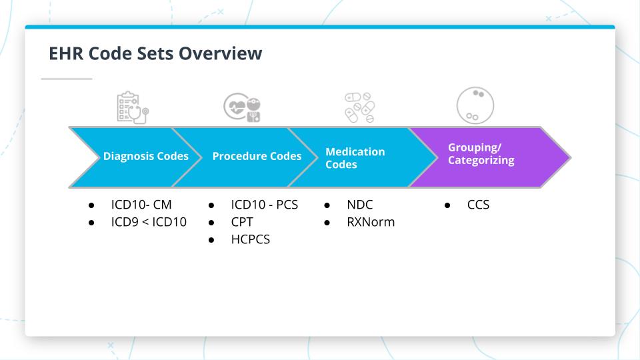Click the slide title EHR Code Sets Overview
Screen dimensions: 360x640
[x=155, y=54]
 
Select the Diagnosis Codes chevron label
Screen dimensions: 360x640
[x=145, y=157]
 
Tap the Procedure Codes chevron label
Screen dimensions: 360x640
[x=257, y=157]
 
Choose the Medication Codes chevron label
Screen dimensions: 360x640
[x=355, y=157]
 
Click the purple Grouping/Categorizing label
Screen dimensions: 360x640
[x=481, y=154]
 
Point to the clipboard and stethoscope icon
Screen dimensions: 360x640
[x=132, y=107]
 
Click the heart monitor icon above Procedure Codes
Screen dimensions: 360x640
[x=242, y=107]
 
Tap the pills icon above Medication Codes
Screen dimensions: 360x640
[x=359, y=107]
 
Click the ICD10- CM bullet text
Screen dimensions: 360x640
[x=141, y=205]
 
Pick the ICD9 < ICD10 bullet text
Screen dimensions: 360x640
[x=149, y=222]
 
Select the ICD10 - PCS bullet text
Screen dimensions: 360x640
[x=264, y=205]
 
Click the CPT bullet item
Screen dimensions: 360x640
[x=242, y=222]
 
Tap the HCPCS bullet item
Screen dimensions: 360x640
[x=250, y=239]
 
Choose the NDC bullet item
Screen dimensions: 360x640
[x=359, y=205]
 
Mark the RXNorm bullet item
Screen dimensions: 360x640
[x=370, y=222]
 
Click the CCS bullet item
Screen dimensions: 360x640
[x=478, y=205]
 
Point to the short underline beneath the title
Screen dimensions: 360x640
[x=67, y=79]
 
